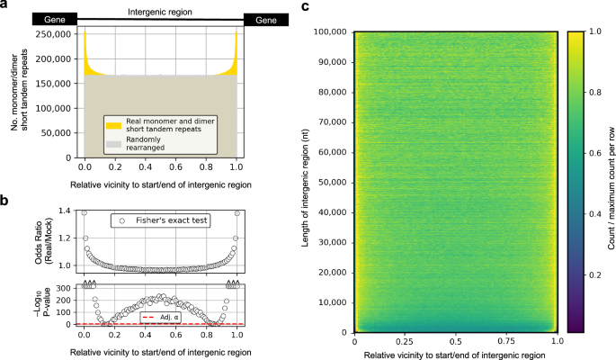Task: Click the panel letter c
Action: [x=304, y=6]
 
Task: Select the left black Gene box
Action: [x=54, y=19]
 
